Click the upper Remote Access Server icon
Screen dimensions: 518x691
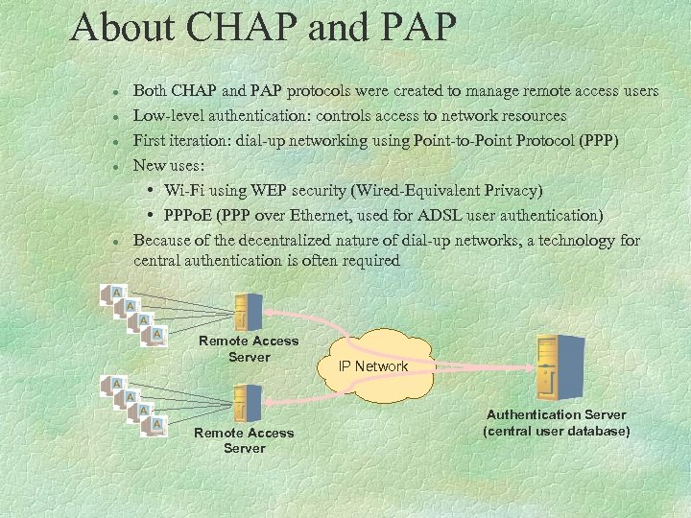pos(248,310)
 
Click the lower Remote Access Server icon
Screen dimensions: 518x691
pos(248,403)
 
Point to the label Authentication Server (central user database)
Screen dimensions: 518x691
pos(556,423)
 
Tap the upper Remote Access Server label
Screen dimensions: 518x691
pos(249,349)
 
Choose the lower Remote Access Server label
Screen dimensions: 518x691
pos(244,440)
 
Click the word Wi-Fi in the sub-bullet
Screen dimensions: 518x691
pos(184,190)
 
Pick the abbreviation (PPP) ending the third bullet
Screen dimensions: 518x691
pos(600,141)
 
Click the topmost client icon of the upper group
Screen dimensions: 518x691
pos(114,293)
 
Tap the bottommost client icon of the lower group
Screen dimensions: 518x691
pos(155,423)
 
